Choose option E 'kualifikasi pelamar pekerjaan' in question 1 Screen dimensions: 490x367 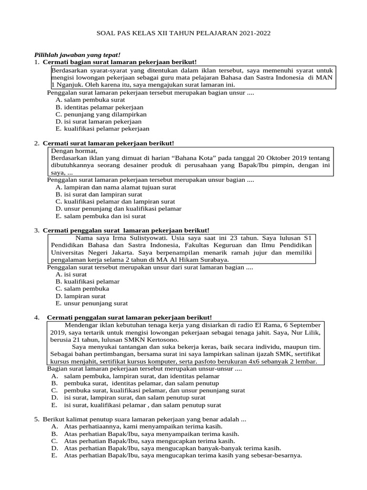click(102, 129)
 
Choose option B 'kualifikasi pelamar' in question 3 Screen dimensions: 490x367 click(87, 281)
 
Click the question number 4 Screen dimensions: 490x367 click(36, 318)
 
